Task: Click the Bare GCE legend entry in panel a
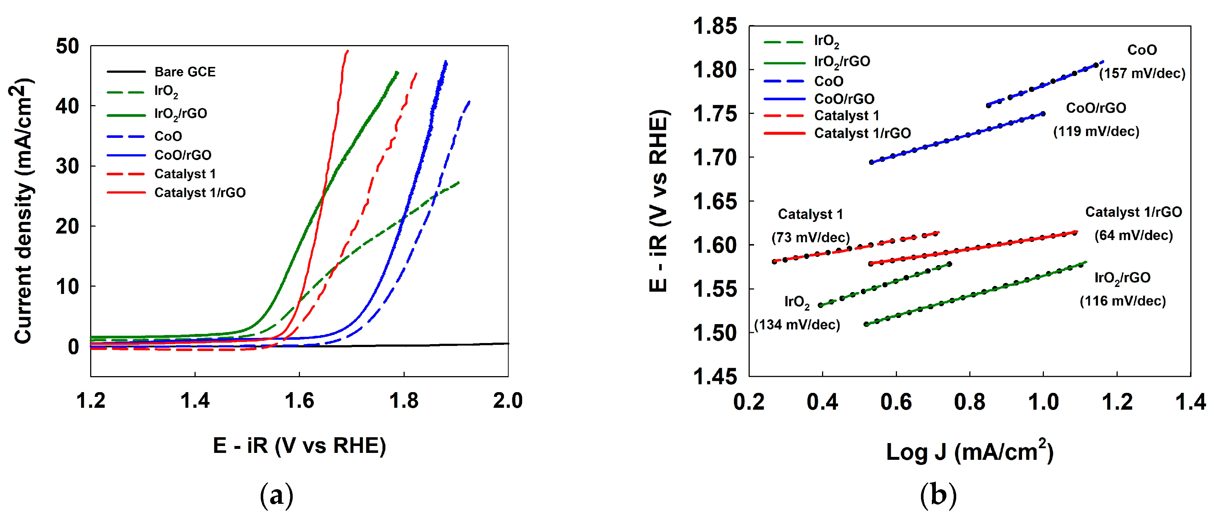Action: coord(184,72)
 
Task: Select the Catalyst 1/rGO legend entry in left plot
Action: coord(200,192)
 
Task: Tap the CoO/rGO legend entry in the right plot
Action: coord(844,99)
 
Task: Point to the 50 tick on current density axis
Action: coord(67,46)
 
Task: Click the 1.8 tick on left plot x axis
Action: coord(404,401)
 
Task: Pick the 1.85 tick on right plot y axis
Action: coord(714,27)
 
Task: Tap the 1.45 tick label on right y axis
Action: coord(714,376)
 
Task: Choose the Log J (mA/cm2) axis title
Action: coord(969,451)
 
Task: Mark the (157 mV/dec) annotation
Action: coord(1142,73)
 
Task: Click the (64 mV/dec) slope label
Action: coord(1133,235)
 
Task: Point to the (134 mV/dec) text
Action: coord(797,325)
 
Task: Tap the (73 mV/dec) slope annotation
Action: coord(810,237)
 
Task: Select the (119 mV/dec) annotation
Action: coord(1096,132)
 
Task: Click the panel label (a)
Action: coord(277,495)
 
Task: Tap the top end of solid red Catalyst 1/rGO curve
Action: coord(347,51)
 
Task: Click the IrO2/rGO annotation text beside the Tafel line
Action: coord(1122,278)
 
